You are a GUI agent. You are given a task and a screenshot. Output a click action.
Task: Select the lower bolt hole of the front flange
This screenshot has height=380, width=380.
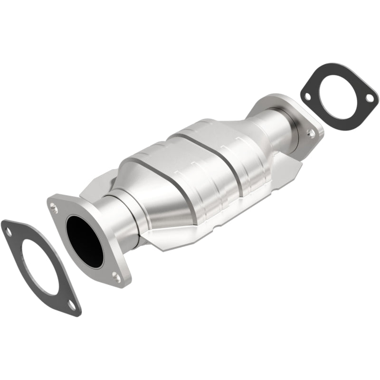tap(115, 275)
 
